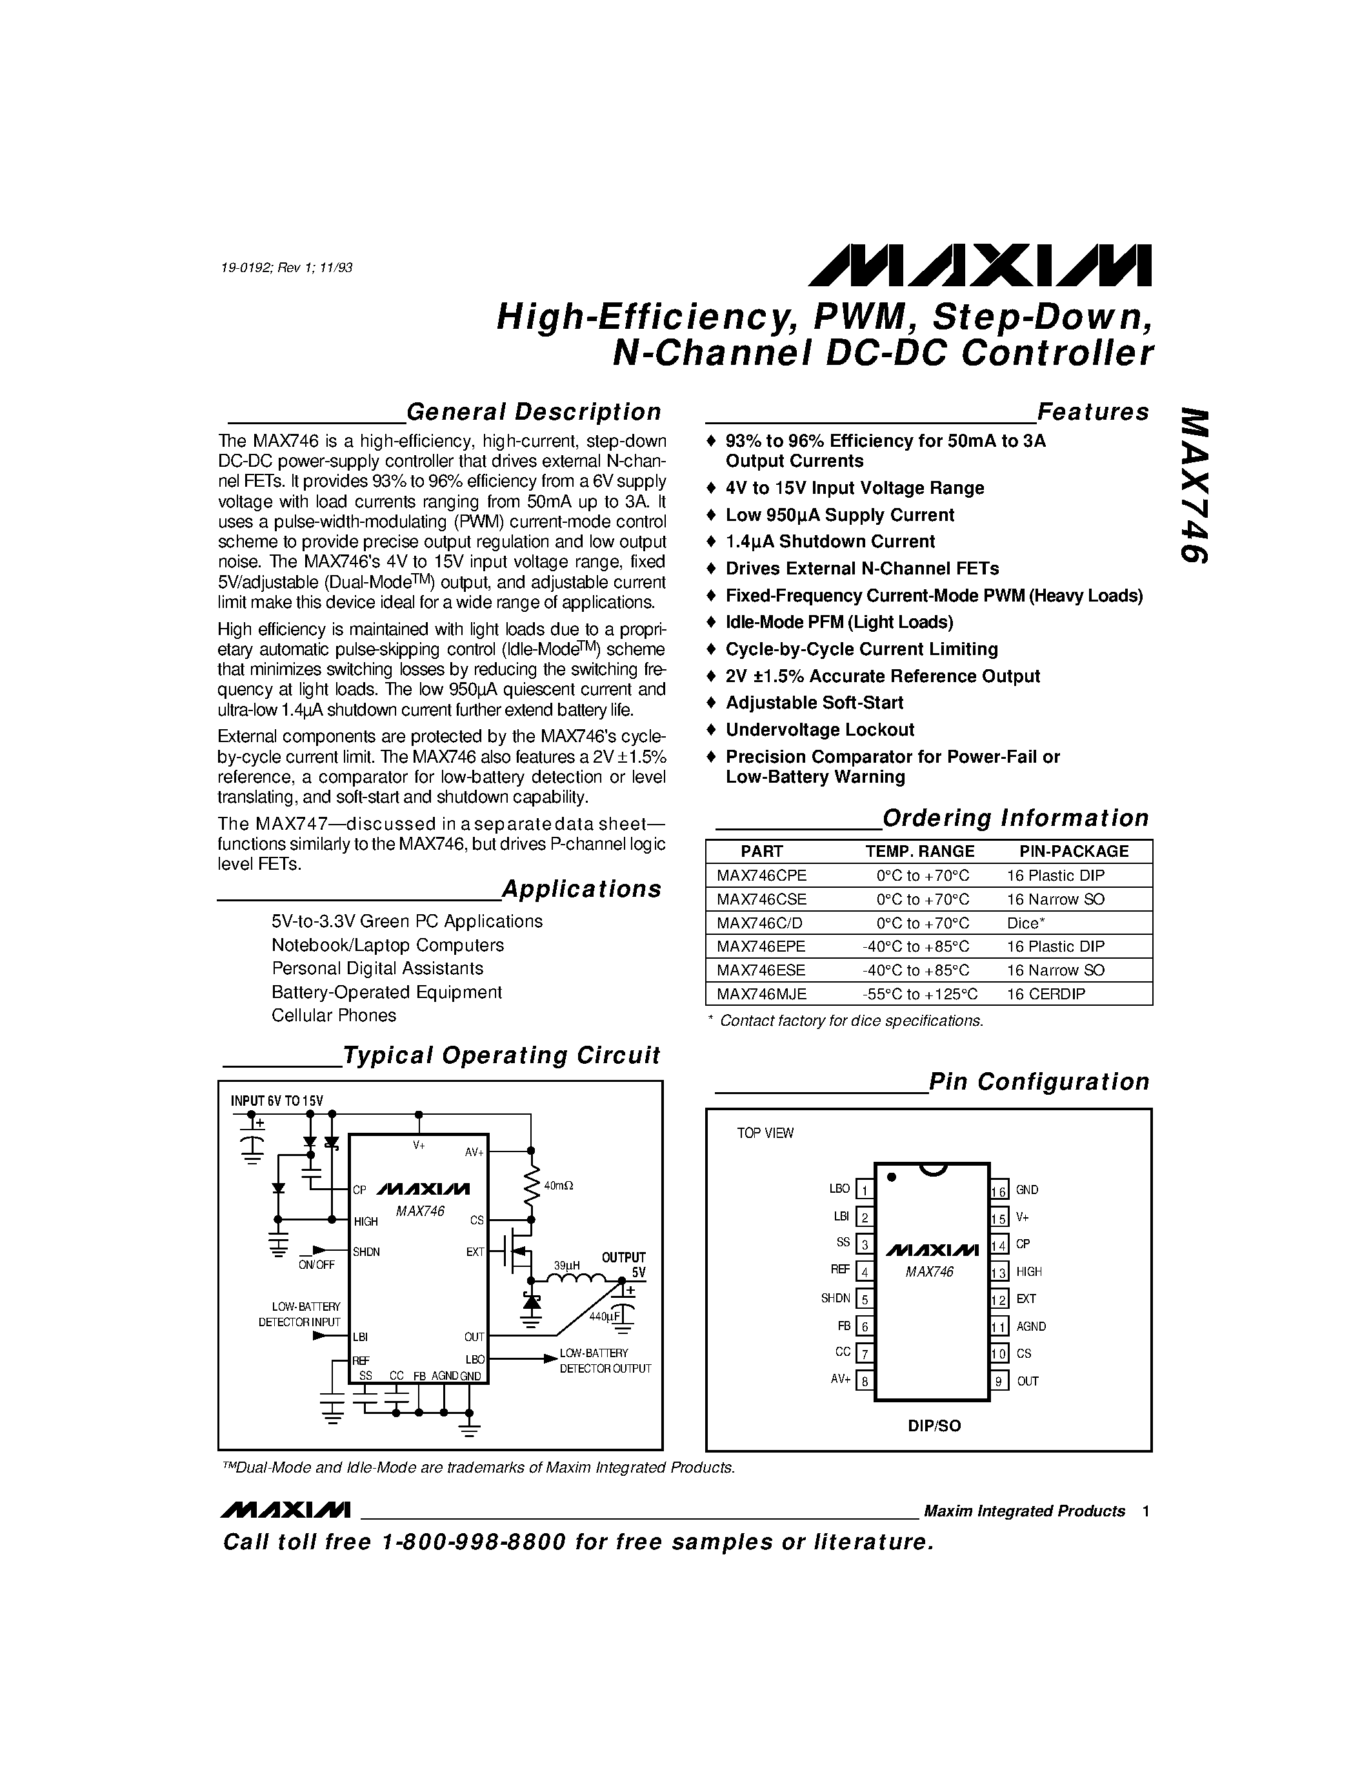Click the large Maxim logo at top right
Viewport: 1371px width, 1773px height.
979,266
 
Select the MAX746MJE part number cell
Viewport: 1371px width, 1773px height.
761,994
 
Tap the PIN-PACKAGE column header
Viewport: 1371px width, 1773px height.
1074,851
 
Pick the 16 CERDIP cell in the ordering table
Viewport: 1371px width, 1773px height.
1046,994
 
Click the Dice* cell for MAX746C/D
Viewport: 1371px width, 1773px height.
1026,923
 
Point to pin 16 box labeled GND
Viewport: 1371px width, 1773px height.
999,1190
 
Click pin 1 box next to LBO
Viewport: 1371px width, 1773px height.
865,1190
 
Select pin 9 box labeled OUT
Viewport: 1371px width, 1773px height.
999,1381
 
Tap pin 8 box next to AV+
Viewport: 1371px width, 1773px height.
865,1381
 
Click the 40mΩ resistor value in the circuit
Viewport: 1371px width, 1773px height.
559,1186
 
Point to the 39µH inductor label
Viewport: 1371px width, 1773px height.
566,1265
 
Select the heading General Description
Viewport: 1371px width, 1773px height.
534,413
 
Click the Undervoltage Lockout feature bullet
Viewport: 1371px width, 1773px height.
819,730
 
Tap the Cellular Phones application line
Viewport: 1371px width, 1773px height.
334,1015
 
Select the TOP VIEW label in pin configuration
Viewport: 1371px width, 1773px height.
765,1133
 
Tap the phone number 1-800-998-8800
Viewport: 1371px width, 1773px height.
473,1542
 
